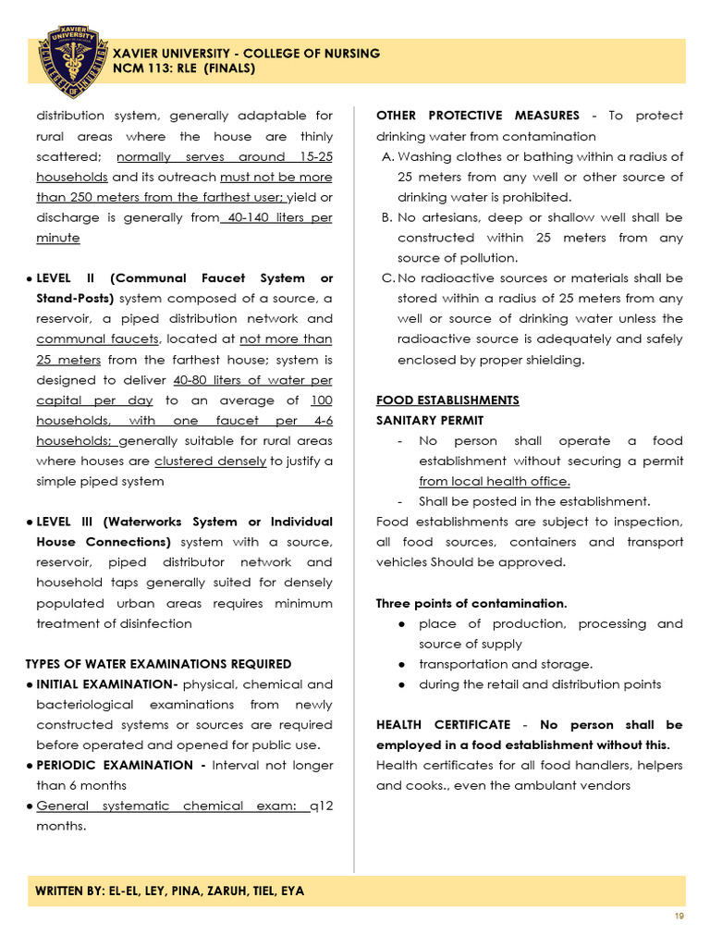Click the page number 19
click(x=679, y=916)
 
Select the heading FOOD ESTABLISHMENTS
click(x=447, y=400)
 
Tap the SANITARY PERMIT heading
click(x=430, y=421)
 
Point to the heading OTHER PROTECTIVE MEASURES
click(x=478, y=116)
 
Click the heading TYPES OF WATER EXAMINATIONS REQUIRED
click(x=158, y=664)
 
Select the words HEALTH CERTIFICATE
click(x=443, y=725)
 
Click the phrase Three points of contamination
click(x=471, y=604)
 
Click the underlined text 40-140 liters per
click(x=276, y=217)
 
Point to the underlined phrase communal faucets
click(x=97, y=339)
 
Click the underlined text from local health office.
click(x=495, y=482)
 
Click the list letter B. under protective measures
click(x=387, y=217)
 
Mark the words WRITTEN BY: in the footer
click(x=67, y=891)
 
